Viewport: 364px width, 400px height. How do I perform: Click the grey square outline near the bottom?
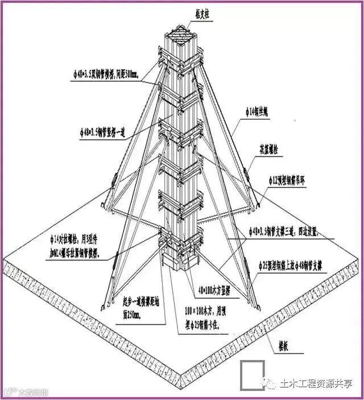tap(251, 375)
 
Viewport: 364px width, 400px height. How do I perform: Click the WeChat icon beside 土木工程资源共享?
tap(268, 385)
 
